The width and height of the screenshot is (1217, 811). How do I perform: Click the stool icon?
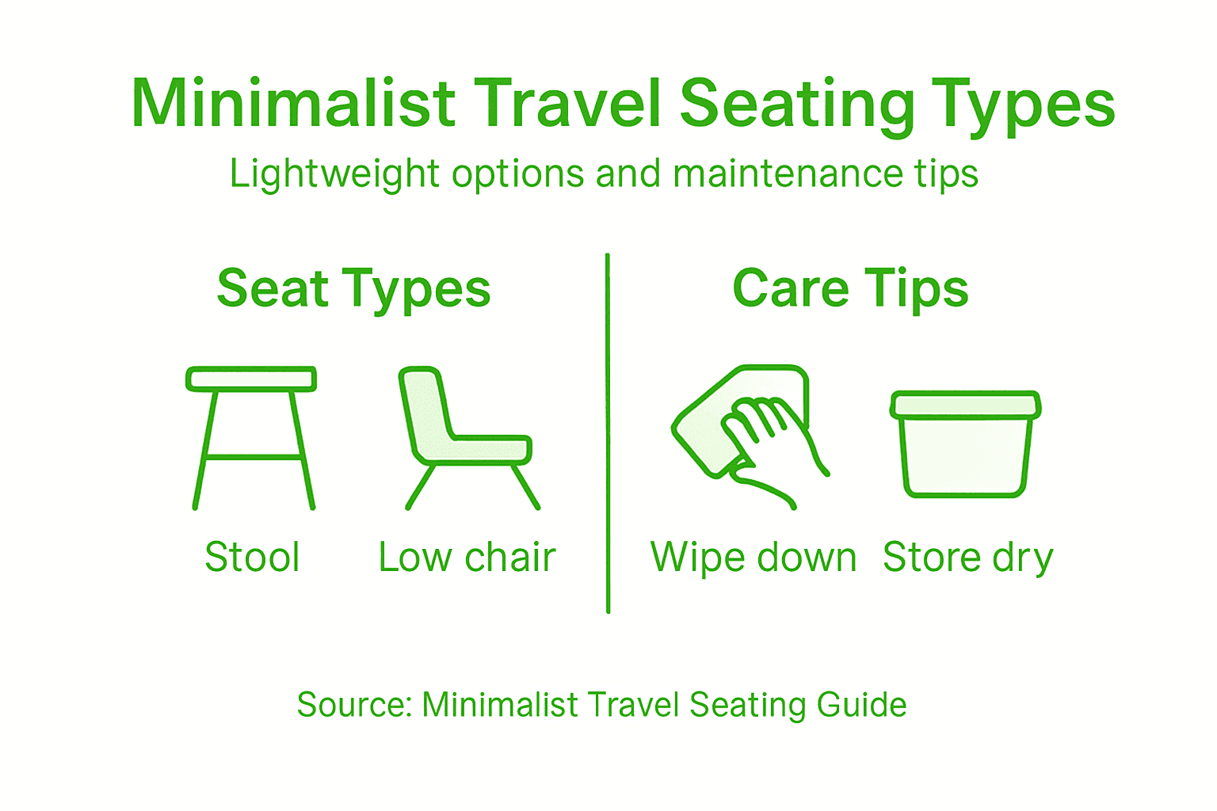tap(252, 438)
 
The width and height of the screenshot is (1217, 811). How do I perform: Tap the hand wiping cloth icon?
tap(749, 436)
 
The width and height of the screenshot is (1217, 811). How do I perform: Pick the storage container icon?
tap(965, 445)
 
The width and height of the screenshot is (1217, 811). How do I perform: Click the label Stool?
tap(252, 557)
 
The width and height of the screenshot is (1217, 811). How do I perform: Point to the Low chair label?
tap(467, 557)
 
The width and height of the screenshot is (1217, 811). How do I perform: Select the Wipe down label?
tap(753, 557)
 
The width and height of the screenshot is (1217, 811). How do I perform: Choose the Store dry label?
tap(967, 558)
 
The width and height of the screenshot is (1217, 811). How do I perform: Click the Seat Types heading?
tap(353, 289)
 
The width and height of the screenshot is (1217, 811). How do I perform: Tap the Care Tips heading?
tap(850, 288)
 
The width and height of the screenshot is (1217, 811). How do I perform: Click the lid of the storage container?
tap(965, 405)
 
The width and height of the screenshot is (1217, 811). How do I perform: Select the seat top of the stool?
tap(251, 379)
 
